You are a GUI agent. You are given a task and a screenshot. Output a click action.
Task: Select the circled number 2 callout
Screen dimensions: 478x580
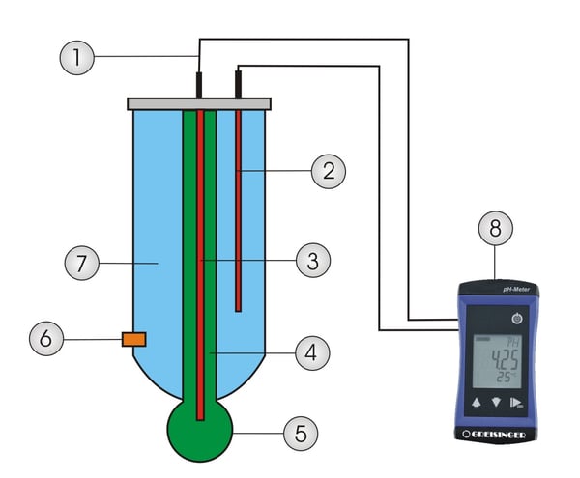point(329,172)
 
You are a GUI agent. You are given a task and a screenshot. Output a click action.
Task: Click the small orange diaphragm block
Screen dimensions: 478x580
point(133,339)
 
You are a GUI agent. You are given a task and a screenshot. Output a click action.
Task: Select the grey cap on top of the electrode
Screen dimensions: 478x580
point(199,103)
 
